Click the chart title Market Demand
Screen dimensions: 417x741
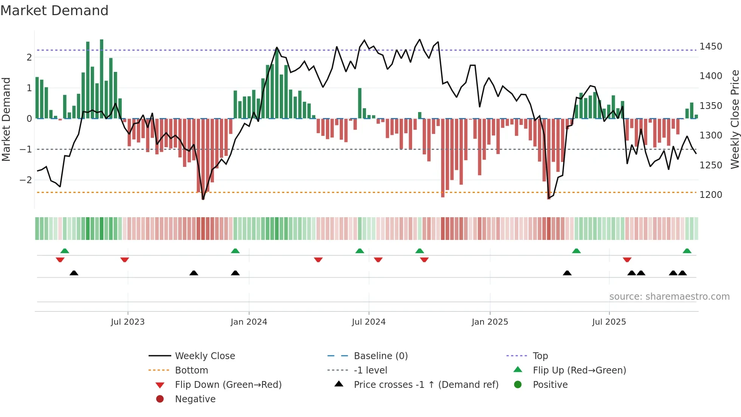click(x=54, y=11)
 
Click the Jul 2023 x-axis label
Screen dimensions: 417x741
click(x=127, y=322)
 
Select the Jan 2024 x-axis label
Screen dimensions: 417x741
click(x=249, y=322)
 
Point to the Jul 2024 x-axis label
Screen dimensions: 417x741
click(x=369, y=322)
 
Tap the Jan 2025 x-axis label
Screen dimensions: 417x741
click(x=490, y=322)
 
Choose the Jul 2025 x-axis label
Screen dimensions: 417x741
click(x=609, y=322)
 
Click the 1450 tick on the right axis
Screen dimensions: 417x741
click(x=711, y=47)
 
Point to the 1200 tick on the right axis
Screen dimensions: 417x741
click(x=711, y=195)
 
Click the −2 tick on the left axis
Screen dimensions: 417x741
click(x=26, y=180)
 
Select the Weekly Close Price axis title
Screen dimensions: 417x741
click(x=735, y=119)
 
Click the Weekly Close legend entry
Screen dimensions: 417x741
click(x=205, y=356)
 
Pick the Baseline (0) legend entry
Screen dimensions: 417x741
click(x=380, y=356)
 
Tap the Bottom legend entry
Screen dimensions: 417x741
click(x=191, y=370)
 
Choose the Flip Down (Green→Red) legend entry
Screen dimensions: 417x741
click(x=228, y=385)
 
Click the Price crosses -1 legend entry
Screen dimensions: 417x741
click(x=426, y=385)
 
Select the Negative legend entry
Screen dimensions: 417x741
click(x=195, y=399)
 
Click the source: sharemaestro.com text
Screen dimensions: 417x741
click(x=669, y=297)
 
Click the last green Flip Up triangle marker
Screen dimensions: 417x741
click(x=687, y=251)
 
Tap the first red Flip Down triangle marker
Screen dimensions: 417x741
click(x=60, y=260)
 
